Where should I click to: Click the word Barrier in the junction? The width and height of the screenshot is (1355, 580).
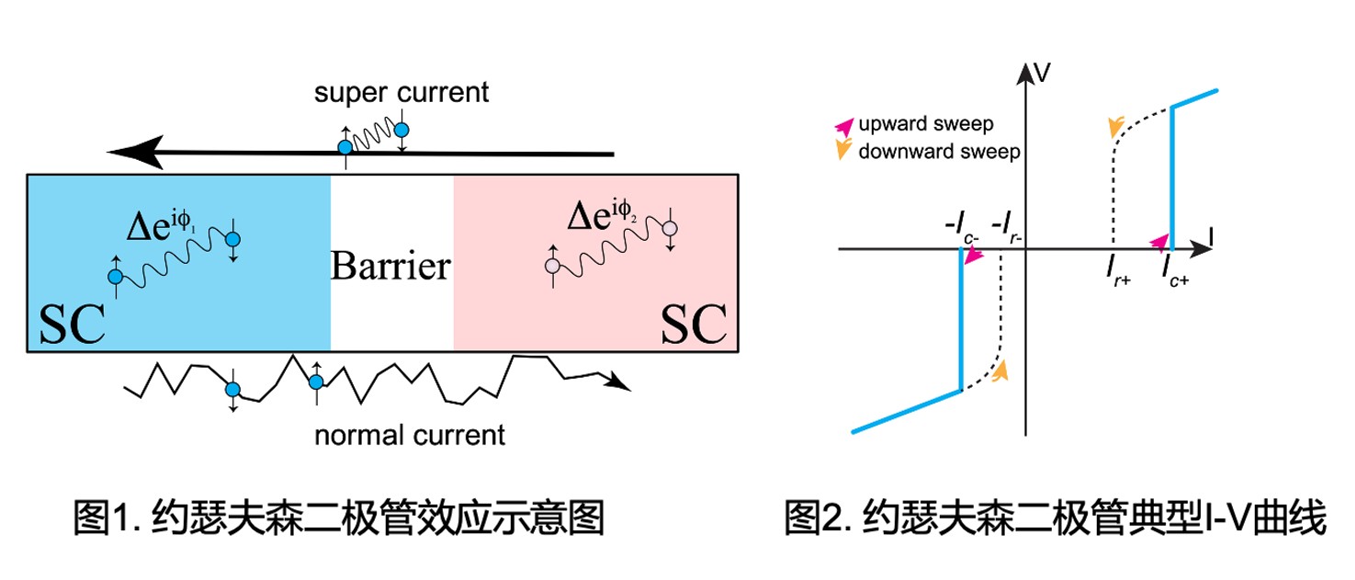tap(391, 267)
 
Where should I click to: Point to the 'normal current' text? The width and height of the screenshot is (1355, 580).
tap(410, 433)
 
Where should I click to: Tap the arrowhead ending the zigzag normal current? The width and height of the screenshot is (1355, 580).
tap(622, 381)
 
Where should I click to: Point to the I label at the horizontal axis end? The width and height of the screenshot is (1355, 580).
tap(1214, 235)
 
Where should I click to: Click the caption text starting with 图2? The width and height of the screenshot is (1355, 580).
tap(1056, 520)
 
